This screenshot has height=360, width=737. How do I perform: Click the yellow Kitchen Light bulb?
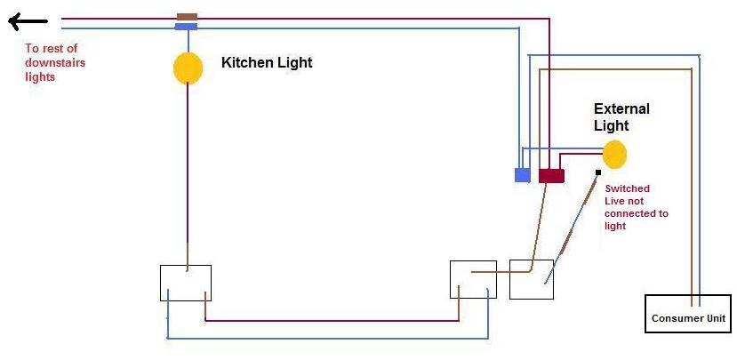pyautogui.click(x=188, y=68)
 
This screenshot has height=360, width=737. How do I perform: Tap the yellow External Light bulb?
pyautogui.click(x=615, y=155)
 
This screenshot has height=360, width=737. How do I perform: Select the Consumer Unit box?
pyautogui.click(x=688, y=314)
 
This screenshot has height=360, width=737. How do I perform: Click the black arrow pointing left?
pyautogui.click(x=28, y=21)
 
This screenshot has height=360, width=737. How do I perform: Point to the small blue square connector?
pyautogui.click(x=522, y=175)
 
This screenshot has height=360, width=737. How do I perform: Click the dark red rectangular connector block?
pyautogui.click(x=551, y=176)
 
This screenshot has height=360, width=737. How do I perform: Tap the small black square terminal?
pyautogui.click(x=598, y=172)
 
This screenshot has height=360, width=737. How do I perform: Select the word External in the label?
pyautogui.click(x=621, y=109)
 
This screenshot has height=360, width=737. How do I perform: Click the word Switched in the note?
pyautogui.click(x=627, y=188)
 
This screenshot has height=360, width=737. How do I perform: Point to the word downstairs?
pyautogui.click(x=55, y=62)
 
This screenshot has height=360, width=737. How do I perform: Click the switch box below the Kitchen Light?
pyautogui.click(x=186, y=283)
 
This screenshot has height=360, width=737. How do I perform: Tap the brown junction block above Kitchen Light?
pyautogui.click(x=187, y=17)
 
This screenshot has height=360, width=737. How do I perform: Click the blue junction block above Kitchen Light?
pyautogui.click(x=186, y=27)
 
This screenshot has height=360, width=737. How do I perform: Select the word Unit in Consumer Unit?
pyautogui.click(x=714, y=318)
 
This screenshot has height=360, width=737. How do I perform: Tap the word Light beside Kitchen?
pyautogui.click(x=292, y=62)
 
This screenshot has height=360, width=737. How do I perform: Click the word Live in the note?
pyautogui.click(x=614, y=201)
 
